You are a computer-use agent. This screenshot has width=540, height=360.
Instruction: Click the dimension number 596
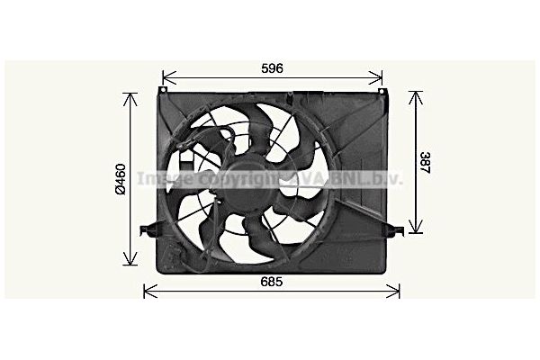(x=273, y=68)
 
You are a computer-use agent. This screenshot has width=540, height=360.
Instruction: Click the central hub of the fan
(x=239, y=180)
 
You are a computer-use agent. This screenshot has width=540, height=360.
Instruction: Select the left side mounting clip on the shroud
(x=147, y=230)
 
